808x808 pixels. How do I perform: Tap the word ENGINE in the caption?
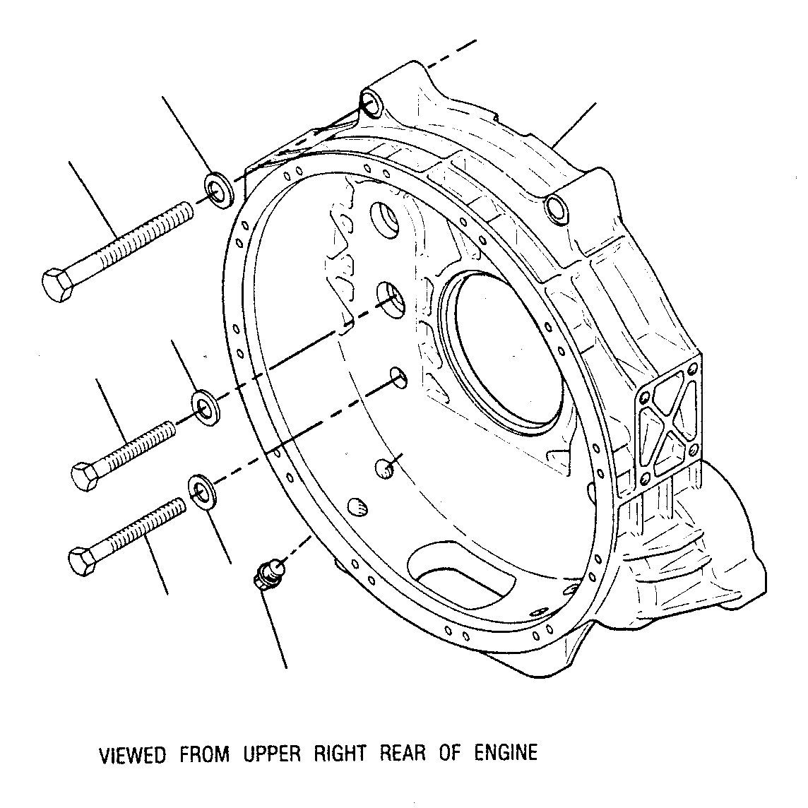[x=506, y=752]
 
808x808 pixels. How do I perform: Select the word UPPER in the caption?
[x=271, y=754]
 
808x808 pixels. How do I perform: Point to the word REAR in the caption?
[x=403, y=753]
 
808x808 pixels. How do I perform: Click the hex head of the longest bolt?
[x=57, y=285]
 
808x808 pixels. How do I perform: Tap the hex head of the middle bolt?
[x=85, y=476]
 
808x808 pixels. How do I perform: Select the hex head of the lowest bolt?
[x=82, y=562]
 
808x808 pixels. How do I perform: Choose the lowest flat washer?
[x=203, y=492]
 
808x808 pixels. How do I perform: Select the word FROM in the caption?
[x=205, y=754]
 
